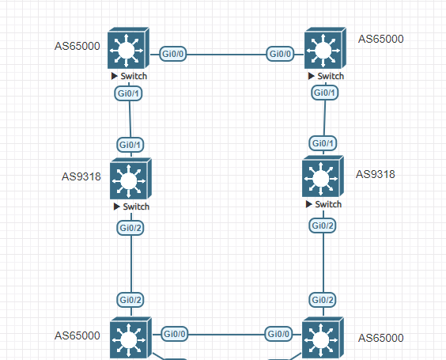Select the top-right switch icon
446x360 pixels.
click(323, 50)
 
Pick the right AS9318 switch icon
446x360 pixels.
click(322, 178)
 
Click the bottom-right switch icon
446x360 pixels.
click(323, 339)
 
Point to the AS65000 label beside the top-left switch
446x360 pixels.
click(77, 46)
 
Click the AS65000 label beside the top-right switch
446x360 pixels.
click(380, 39)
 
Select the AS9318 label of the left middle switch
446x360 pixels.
click(81, 176)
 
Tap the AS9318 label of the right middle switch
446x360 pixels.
click(376, 174)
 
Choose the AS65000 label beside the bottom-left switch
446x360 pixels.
click(77, 335)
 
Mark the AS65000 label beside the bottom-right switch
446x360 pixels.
click(380, 338)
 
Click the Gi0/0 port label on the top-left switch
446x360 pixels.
click(173, 54)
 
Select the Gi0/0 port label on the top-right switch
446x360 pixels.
click(280, 54)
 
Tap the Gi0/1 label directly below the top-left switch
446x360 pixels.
click(129, 94)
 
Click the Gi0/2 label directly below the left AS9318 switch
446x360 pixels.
click(130, 228)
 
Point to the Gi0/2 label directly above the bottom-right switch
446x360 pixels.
click(322, 300)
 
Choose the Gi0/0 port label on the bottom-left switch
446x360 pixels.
click(175, 334)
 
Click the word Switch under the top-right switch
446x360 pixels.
click(330, 76)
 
